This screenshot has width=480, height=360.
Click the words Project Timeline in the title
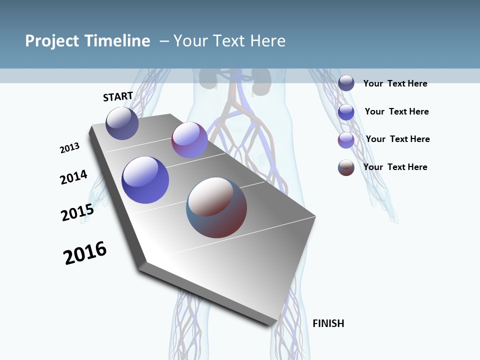pyautogui.click(x=87, y=41)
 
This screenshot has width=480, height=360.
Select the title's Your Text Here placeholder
pyautogui.click(x=229, y=41)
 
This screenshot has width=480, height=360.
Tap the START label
pyautogui.click(x=118, y=97)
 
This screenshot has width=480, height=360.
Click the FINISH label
pyautogui.click(x=328, y=323)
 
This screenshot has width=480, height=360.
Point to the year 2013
pyautogui.click(x=69, y=148)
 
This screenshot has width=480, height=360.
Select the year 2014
pyautogui.click(x=73, y=177)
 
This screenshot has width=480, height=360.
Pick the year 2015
pyautogui.click(x=77, y=212)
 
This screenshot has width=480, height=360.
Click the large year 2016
pyautogui.click(x=85, y=253)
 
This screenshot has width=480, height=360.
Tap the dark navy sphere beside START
pyautogui.click(x=122, y=123)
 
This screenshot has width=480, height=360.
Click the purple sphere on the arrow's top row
pyautogui.click(x=189, y=140)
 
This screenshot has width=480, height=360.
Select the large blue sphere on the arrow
pyautogui.click(x=145, y=180)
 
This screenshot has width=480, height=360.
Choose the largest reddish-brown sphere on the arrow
pyautogui.click(x=216, y=207)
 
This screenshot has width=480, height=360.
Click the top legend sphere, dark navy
pyautogui.click(x=346, y=83)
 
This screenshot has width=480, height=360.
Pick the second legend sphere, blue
pyautogui.click(x=346, y=112)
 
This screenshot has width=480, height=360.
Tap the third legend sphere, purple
pyautogui.click(x=346, y=140)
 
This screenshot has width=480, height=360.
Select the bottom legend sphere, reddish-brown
pyautogui.click(x=346, y=167)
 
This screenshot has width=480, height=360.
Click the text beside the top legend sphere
pyautogui.click(x=395, y=83)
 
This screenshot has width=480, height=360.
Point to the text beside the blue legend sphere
pyautogui.click(x=396, y=111)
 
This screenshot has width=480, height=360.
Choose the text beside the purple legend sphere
pyautogui.click(x=397, y=139)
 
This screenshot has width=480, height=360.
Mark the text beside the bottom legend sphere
pyautogui.click(x=395, y=167)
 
